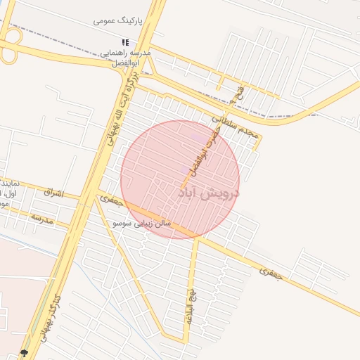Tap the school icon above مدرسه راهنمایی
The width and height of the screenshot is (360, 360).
125,42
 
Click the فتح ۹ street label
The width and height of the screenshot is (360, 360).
240,94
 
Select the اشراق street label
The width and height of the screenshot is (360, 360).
53,192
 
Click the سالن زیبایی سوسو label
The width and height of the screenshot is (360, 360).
143,224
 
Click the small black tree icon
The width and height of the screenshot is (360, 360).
25,353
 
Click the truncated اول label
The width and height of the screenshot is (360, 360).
11,193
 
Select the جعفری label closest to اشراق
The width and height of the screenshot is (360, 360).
111,201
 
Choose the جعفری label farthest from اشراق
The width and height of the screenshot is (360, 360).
271,274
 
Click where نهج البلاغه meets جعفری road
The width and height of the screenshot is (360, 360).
198,239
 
